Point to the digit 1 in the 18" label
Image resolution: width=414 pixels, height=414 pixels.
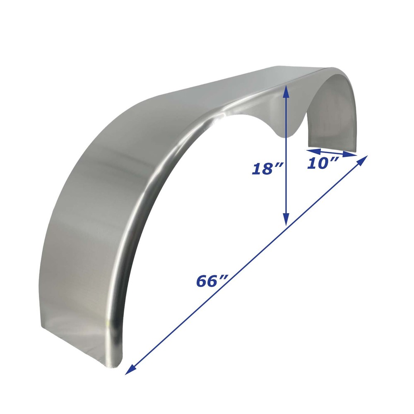coord(256,169)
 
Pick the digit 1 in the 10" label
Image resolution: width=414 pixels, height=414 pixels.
coord(312,164)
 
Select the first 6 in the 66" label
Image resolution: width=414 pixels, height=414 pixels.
coord(202,282)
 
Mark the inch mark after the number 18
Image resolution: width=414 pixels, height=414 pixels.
coord(279,165)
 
